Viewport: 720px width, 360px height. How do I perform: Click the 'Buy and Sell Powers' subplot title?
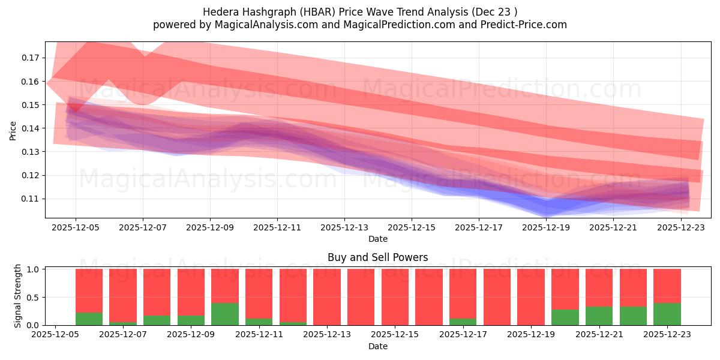pyautogui.click(x=377, y=257)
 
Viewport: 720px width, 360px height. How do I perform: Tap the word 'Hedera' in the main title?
pyautogui.click(x=220, y=11)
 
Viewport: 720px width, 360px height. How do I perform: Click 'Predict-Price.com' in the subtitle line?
pyautogui.click(x=524, y=25)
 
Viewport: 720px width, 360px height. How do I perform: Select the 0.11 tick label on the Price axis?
pyautogui.click(x=30, y=199)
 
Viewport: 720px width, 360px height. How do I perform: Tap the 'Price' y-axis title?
pyautogui.click(x=13, y=130)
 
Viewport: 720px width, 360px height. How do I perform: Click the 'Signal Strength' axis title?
pyautogui.click(x=18, y=296)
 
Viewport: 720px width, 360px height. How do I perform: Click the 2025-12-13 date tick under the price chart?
pyautogui.click(x=344, y=228)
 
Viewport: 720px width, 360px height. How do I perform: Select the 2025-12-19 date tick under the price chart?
pyautogui.click(x=546, y=228)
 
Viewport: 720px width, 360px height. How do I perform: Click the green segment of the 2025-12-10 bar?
pyautogui.click(x=225, y=314)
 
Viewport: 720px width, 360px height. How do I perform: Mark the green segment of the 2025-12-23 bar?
pyautogui.click(x=667, y=314)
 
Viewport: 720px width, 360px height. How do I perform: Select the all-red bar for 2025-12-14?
pyautogui.click(x=361, y=297)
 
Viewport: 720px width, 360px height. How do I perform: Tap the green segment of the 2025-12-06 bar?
pyautogui.click(x=89, y=319)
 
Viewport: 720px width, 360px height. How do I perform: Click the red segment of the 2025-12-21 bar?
pyautogui.click(x=599, y=287)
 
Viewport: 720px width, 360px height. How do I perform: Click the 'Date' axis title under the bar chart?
pyautogui.click(x=377, y=346)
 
